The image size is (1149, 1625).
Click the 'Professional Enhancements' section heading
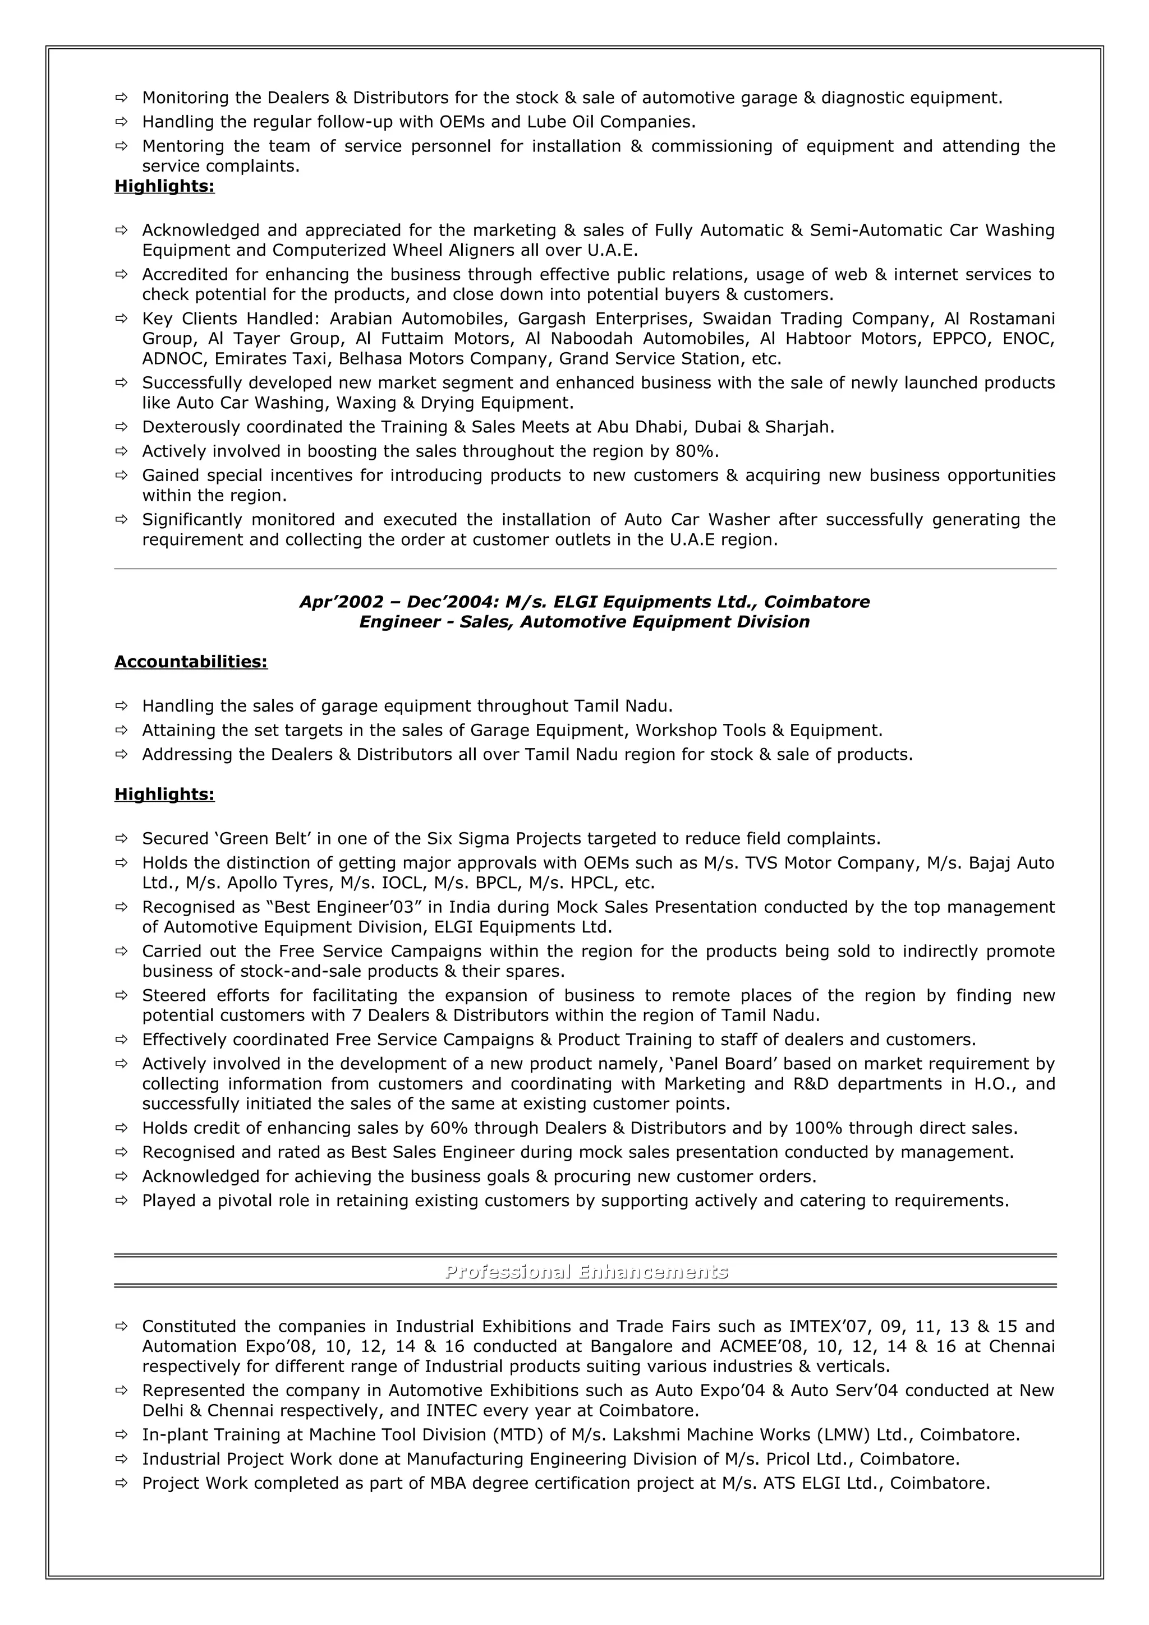586,1272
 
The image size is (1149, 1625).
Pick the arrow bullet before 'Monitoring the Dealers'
121,98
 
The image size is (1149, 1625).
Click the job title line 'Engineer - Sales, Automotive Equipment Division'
584,622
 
